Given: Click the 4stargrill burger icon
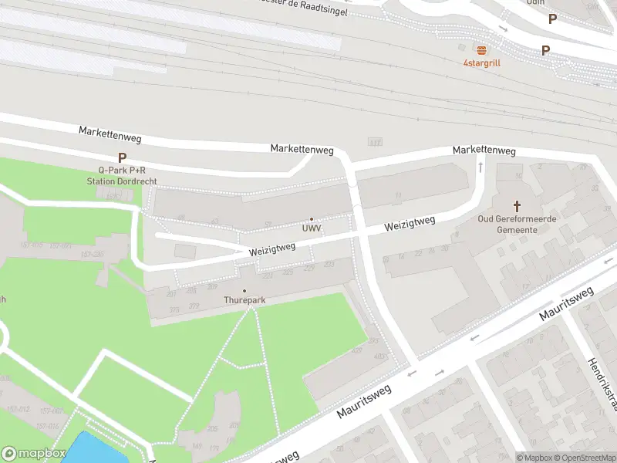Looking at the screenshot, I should click(481, 50).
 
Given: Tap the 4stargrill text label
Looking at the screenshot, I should click(481, 63).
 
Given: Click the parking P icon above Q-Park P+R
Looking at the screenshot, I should click(122, 157).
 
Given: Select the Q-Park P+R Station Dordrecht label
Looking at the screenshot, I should click(122, 175).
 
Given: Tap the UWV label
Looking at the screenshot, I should click(312, 229).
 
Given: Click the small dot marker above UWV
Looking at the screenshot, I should click(312, 219).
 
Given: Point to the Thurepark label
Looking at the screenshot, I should click(244, 300).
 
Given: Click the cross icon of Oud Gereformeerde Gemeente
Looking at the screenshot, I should click(518, 206).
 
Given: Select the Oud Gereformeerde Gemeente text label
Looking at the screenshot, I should click(517, 225).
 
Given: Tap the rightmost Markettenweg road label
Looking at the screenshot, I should click(484, 150).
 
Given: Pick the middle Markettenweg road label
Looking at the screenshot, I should click(302, 147).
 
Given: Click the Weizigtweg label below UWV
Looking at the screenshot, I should click(272, 249).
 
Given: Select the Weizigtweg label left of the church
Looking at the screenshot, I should click(410, 225).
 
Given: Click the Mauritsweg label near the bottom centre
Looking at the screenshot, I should click(363, 401).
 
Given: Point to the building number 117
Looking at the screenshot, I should click(376, 142).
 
